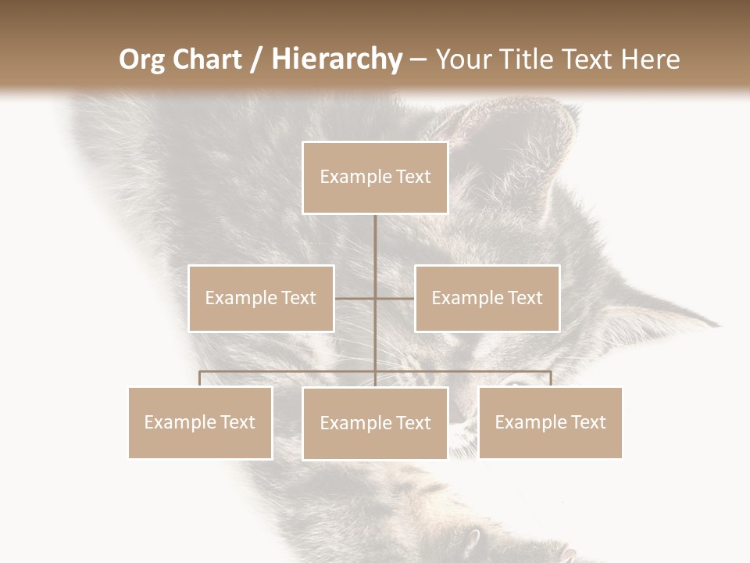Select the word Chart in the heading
point(209,59)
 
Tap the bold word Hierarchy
point(337,59)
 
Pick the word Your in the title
point(460,59)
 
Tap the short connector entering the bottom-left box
point(200,378)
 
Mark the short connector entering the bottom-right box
point(550,378)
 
